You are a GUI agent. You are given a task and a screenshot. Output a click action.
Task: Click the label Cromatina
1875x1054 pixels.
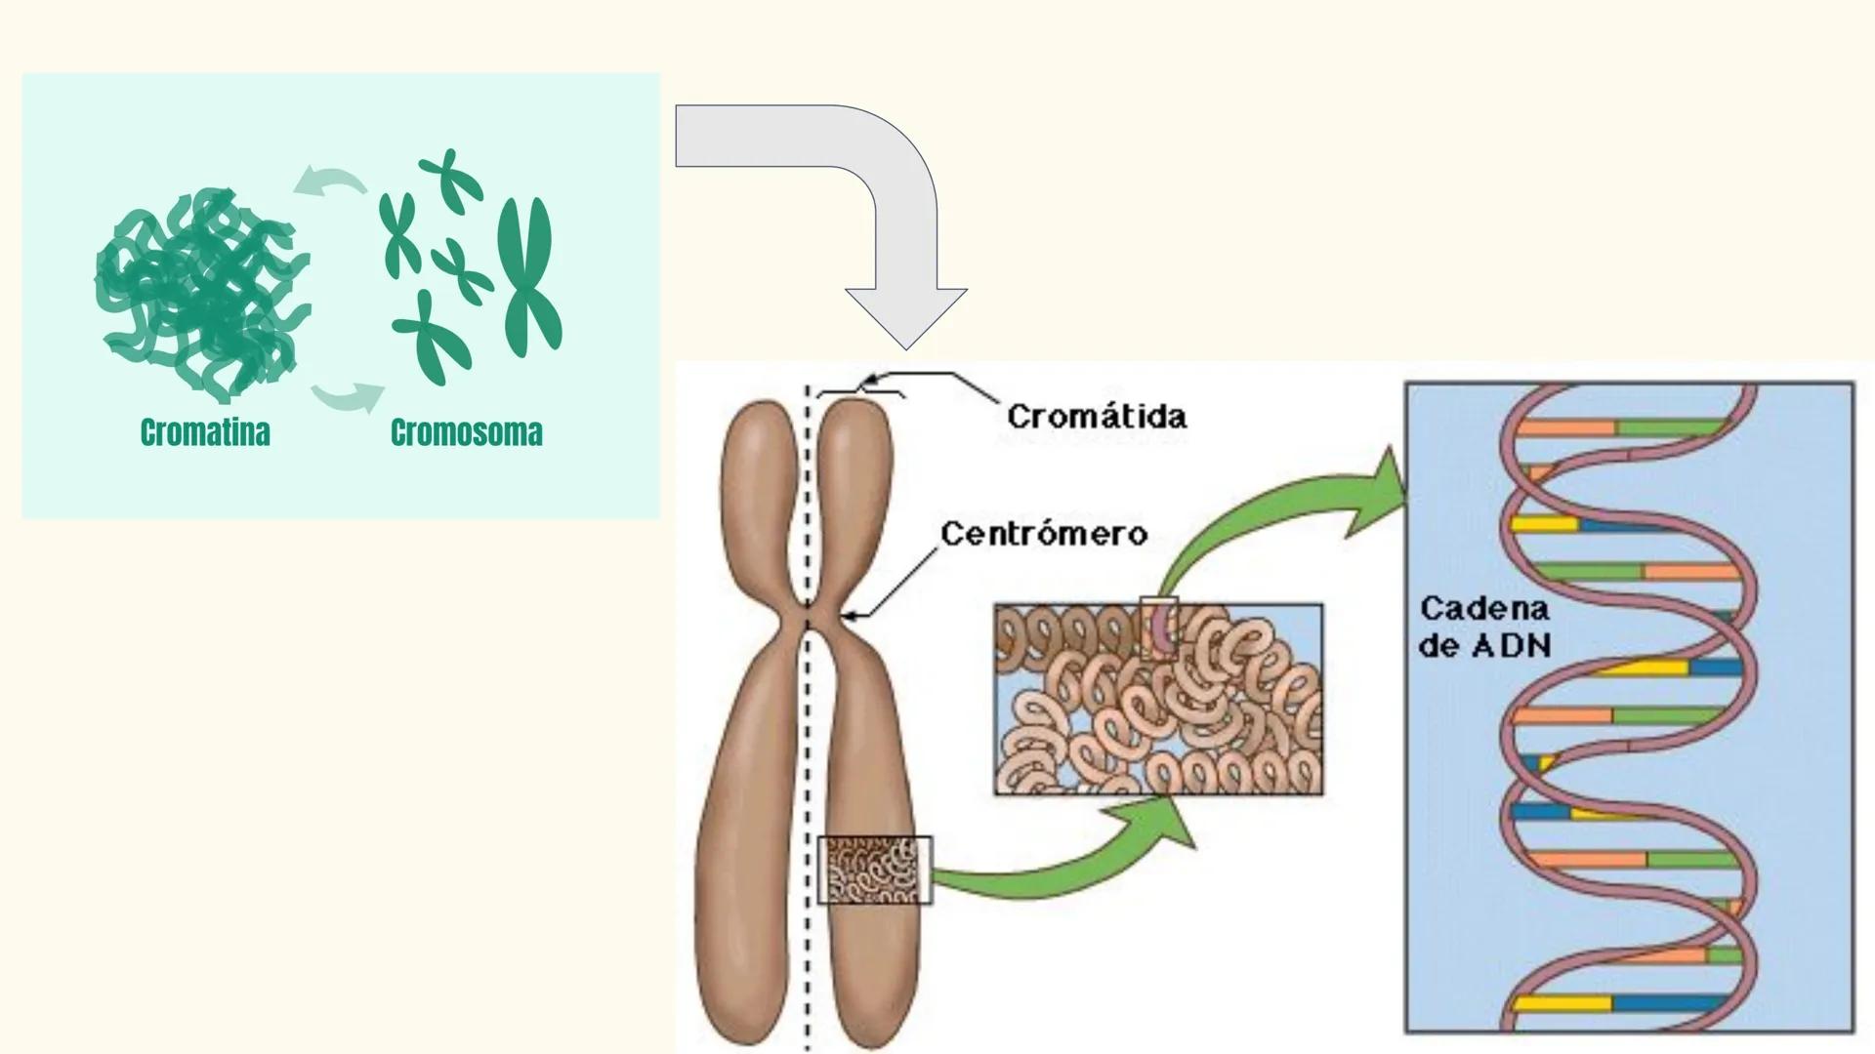(205, 432)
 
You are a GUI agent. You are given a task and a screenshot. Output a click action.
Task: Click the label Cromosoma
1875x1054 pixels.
(466, 432)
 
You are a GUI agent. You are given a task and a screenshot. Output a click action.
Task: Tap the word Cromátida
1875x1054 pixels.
(1097, 417)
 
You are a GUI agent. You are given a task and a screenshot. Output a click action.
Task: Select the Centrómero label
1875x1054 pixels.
(1043, 534)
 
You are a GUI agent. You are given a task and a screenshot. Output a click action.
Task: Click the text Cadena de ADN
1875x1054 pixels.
(1484, 627)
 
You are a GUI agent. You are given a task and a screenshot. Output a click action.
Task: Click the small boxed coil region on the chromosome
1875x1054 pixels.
(874, 870)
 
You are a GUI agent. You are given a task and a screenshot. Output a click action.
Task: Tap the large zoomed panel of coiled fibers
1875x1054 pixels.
(1158, 699)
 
